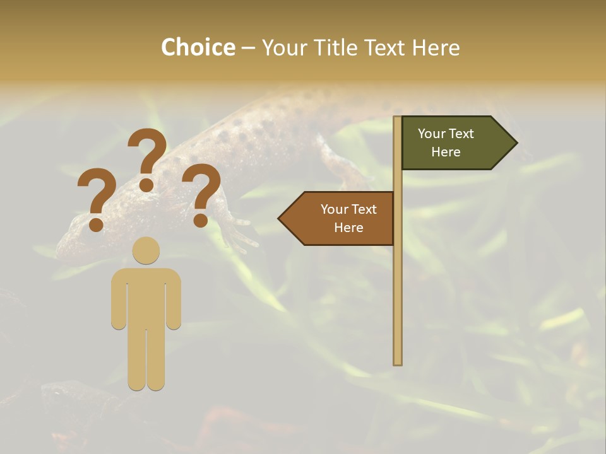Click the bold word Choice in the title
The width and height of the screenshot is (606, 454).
[x=198, y=48]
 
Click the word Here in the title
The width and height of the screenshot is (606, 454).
[x=436, y=48]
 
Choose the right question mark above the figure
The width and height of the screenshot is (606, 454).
[x=201, y=192]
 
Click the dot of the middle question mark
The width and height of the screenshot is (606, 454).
[x=146, y=185]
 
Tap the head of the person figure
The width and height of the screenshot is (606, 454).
[x=146, y=250]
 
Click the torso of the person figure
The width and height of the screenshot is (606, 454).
[x=146, y=296]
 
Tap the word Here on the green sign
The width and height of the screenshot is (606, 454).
[x=446, y=152]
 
